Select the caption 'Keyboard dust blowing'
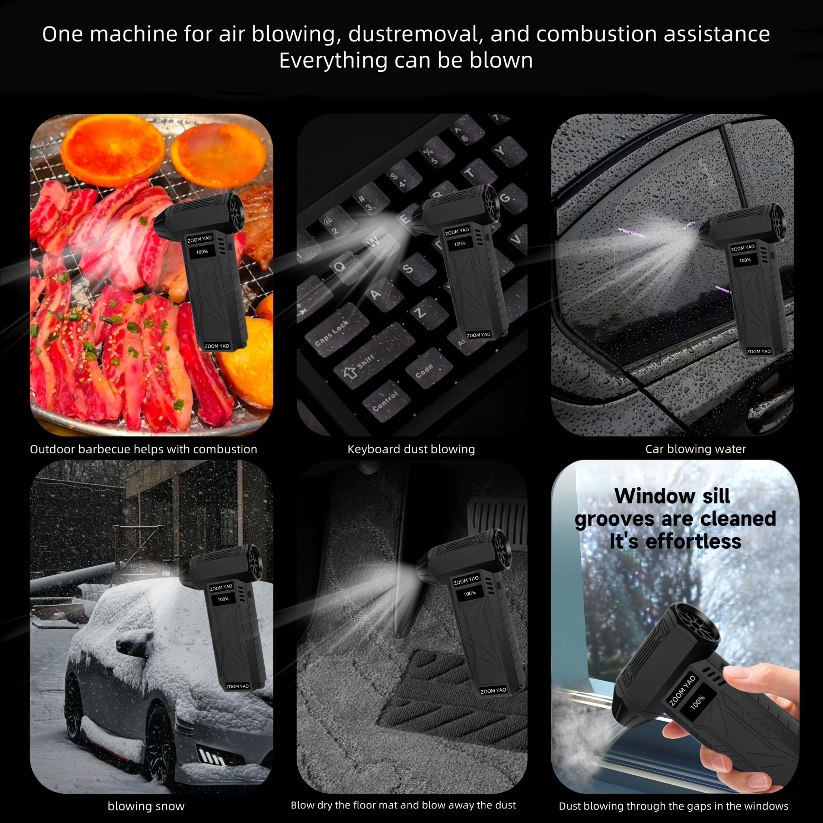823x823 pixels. pos(411,449)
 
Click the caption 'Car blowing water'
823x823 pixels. pos(696,449)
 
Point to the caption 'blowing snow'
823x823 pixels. pos(146,806)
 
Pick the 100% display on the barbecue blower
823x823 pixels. pos(202,252)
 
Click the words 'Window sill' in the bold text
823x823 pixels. pos(672,496)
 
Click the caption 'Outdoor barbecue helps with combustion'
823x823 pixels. pos(144,449)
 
